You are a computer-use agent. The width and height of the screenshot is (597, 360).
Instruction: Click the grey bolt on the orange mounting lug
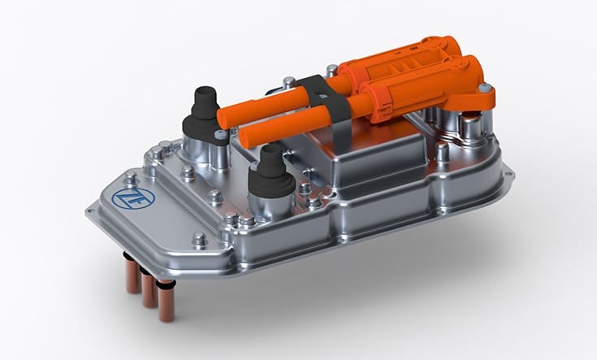[x=484, y=89]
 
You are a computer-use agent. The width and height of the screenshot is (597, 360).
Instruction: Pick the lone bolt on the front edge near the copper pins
[x=198, y=239]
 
